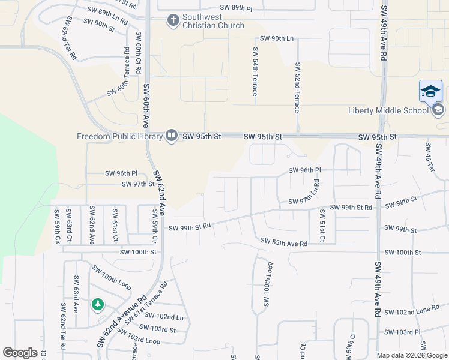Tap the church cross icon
click(x=173, y=21)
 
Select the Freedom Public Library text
click(x=120, y=136)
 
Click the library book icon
click(x=172, y=136)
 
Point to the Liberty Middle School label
click(x=389, y=110)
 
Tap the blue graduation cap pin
click(x=430, y=91)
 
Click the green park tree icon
click(x=97, y=305)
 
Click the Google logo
click(x=20, y=353)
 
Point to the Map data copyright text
click(x=411, y=355)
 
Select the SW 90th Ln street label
click(x=273, y=38)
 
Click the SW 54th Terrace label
click(x=255, y=71)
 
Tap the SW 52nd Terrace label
click(x=297, y=86)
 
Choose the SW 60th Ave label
click(x=146, y=105)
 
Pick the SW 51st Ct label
click(x=322, y=226)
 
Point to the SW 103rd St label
click(x=157, y=329)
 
